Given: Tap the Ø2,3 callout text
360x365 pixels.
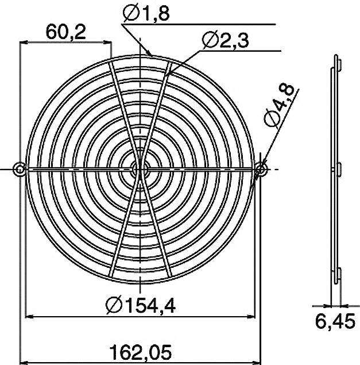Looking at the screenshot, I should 225,40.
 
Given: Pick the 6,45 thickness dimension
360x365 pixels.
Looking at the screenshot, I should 335,323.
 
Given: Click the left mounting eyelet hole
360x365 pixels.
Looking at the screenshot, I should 20,169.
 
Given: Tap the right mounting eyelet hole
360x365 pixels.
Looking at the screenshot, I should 261,169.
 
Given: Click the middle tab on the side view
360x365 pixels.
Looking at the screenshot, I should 338,169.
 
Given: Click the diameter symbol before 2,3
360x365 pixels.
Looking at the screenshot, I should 209,40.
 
